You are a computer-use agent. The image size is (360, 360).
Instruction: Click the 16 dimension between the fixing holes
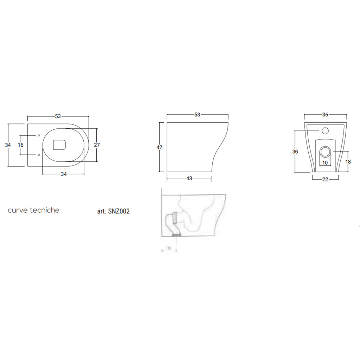click(x=21, y=145)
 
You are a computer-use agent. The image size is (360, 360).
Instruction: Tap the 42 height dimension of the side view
click(x=159, y=147)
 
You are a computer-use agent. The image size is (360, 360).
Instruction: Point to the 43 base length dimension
click(x=189, y=179)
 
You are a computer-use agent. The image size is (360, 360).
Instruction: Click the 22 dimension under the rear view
click(x=325, y=179)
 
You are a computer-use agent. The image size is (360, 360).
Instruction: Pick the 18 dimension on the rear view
click(x=348, y=161)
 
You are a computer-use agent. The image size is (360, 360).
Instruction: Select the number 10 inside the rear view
click(x=325, y=162)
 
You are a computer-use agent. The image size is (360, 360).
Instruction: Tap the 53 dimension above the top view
click(x=58, y=116)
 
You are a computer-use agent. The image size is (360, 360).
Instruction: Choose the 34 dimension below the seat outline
click(x=64, y=174)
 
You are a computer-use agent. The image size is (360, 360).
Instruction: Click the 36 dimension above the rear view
click(x=325, y=115)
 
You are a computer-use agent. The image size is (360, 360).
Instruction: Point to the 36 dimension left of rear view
click(x=295, y=152)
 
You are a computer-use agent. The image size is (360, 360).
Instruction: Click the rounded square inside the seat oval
click(x=59, y=144)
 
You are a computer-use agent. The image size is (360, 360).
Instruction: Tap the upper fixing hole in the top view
click(x=38, y=135)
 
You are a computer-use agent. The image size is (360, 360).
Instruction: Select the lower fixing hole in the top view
click(x=38, y=154)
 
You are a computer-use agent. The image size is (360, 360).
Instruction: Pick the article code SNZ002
click(x=114, y=212)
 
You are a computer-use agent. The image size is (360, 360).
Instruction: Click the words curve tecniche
click(x=34, y=210)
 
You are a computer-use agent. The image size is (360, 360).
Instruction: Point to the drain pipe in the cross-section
click(x=173, y=224)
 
